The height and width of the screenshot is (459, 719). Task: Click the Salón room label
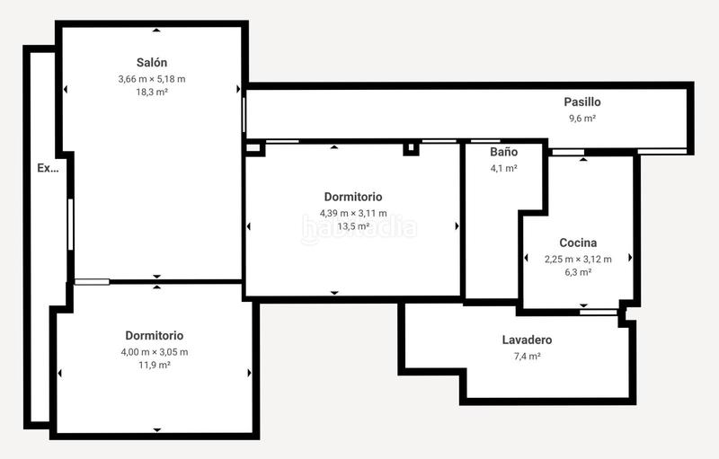151,63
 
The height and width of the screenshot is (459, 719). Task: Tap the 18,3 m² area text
151,93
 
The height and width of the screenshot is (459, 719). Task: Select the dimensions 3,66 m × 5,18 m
151,79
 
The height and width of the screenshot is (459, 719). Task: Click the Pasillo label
581,102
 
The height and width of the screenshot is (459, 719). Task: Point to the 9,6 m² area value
581,118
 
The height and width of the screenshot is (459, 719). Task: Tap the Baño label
503,152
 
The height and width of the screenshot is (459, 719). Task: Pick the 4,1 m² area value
503,167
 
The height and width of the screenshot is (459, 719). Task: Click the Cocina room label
578,243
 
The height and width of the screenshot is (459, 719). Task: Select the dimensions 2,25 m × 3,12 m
578,259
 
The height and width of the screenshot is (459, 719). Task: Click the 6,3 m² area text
578,272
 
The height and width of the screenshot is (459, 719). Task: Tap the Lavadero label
527,340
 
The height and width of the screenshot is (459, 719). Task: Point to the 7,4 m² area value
527,356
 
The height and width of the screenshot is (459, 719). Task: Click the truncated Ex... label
48,167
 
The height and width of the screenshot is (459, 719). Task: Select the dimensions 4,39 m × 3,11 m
353,213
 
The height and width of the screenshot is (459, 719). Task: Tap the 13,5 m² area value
353,226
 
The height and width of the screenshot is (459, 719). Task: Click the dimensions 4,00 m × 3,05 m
155,351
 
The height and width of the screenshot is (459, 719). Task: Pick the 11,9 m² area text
155,365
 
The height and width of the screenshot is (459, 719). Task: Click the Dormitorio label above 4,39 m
353,197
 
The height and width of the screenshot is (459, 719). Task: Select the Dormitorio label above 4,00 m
155,335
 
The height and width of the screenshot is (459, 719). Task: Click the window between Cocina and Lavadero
599,312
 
